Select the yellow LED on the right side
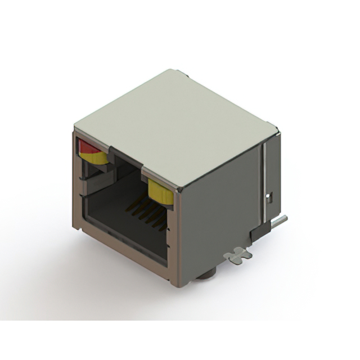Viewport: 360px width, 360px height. tap(160, 193)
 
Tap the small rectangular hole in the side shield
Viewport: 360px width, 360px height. tap(269, 197)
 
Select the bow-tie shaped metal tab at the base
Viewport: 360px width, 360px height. tap(237, 255)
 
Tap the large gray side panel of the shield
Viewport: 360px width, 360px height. tap(219, 219)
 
